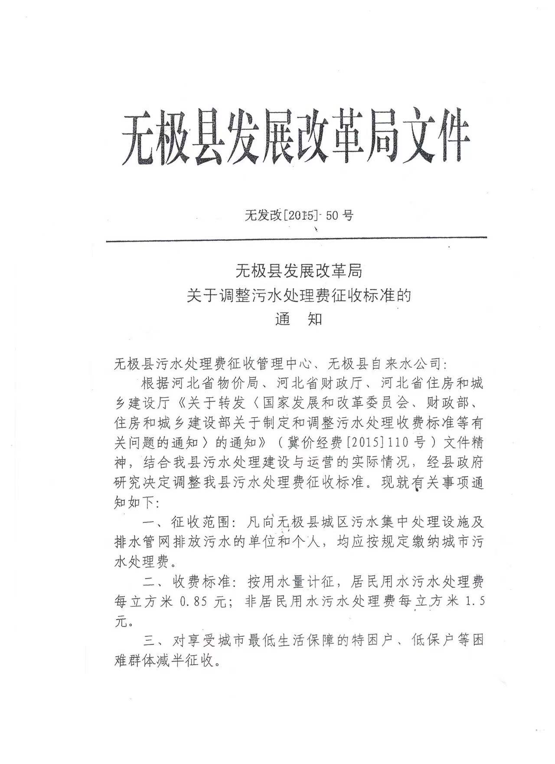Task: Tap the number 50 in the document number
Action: coord(332,215)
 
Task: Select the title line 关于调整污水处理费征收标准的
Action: coord(299,296)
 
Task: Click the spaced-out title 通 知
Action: coord(299,320)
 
